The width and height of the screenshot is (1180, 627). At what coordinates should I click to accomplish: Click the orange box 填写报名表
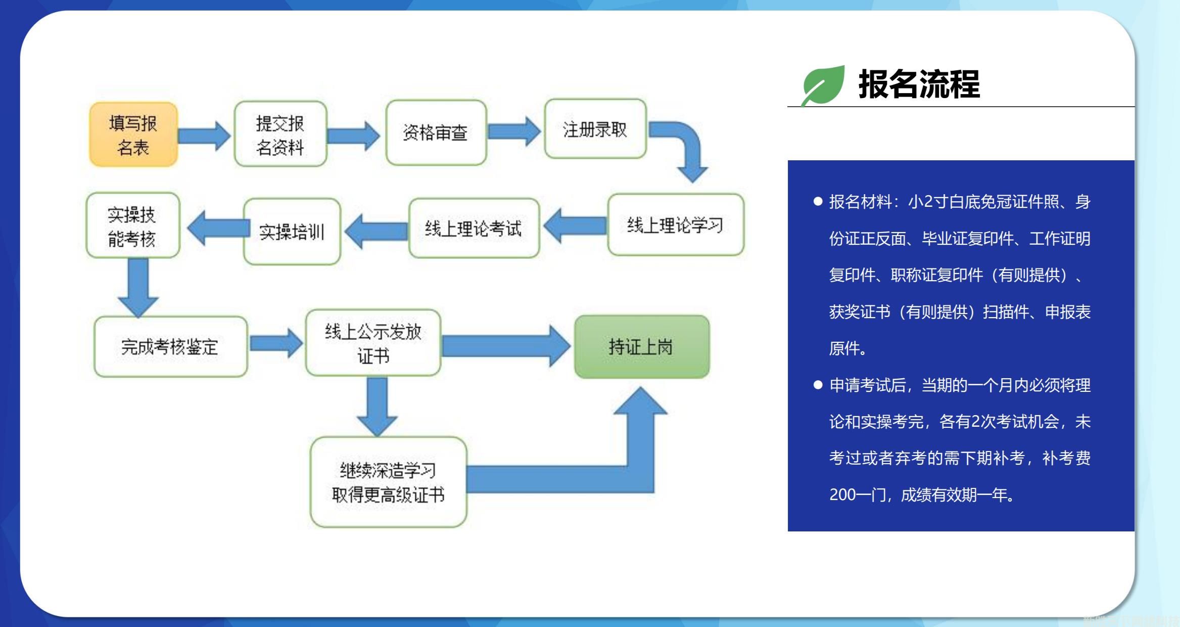click(133, 135)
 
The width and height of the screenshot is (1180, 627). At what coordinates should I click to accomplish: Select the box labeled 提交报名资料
click(280, 134)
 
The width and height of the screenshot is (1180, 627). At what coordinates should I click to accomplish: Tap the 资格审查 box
click(436, 132)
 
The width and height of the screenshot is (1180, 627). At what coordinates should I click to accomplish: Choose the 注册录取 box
click(595, 129)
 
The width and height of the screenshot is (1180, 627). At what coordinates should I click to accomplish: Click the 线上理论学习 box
click(675, 225)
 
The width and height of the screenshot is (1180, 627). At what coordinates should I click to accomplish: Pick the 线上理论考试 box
click(474, 229)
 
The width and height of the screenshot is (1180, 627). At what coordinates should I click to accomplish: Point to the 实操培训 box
click(292, 232)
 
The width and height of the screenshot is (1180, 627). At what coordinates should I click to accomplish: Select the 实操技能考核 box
click(132, 226)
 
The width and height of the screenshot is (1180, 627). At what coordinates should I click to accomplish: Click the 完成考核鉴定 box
click(170, 347)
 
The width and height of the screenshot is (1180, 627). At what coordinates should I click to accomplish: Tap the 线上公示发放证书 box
click(373, 343)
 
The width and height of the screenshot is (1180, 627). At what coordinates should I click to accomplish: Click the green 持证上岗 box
click(641, 347)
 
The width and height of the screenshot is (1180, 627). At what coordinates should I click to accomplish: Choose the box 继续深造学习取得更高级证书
click(388, 482)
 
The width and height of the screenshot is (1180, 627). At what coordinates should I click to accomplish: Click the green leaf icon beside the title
click(823, 85)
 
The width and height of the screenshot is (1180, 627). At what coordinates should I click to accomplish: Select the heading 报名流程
click(919, 84)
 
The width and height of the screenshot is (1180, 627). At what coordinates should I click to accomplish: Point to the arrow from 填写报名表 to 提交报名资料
click(204, 136)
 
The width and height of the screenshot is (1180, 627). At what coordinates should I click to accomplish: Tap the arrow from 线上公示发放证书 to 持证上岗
click(505, 346)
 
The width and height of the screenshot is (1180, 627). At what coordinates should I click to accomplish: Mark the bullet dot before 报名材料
click(818, 202)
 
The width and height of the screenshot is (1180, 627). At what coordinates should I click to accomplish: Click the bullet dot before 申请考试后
click(818, 385)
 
